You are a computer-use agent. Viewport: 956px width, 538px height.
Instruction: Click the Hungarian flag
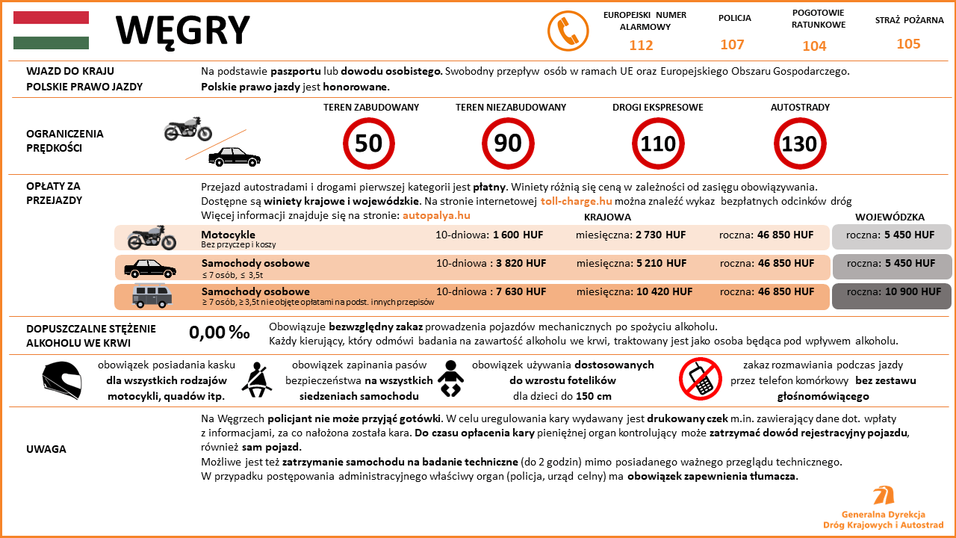[51, 30]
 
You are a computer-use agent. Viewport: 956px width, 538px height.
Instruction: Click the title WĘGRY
[182, 31]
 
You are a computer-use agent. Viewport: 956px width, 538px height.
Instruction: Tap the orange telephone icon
[568, 31]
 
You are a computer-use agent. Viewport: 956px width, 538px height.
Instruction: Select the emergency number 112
[641, 46]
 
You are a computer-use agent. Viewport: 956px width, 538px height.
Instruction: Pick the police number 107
[732, 45]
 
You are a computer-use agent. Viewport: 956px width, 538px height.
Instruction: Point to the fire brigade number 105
[908, 44]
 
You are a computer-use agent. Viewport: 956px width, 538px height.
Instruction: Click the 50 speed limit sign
[368, 143]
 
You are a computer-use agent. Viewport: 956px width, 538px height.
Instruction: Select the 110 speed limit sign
[658, 143]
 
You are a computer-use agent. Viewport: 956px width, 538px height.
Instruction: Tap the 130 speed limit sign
[799, 143]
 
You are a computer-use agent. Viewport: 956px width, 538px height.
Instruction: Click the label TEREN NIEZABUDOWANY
[511, 108]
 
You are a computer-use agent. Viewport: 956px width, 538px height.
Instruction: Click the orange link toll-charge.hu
[576, 202]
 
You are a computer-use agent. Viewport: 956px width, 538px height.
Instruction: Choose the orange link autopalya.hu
[436, 216]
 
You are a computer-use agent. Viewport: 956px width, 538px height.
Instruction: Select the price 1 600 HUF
[518, 235]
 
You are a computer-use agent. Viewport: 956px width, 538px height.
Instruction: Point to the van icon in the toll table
[152, 296]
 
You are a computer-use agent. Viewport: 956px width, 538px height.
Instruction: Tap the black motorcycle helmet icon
[61, 380]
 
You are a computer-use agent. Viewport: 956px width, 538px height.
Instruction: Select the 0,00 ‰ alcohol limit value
[220, 333]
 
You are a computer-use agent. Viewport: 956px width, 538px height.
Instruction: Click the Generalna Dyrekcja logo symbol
[884, 496]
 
